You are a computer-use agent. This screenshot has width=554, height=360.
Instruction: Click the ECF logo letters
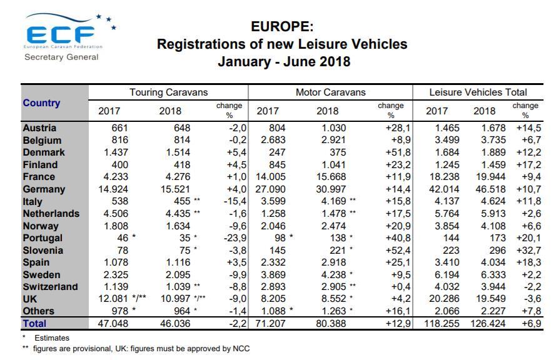[x=61, y=34]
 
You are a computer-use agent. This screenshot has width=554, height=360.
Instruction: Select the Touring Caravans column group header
[x=169, y=92]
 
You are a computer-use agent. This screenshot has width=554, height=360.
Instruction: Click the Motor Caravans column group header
[x=330, y=92]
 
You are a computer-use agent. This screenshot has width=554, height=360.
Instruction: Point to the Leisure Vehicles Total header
[x=478, y=92]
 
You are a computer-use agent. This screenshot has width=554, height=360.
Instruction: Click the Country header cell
[x=41, y=102]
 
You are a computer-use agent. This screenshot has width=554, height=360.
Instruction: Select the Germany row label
[x=44, y=189]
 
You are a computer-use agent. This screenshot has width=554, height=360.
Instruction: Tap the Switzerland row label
[x=50, y=286]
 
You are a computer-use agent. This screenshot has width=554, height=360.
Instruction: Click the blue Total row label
[x=34, y=323]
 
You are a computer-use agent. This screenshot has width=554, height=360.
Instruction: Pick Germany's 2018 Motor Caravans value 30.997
[x=331, y=189]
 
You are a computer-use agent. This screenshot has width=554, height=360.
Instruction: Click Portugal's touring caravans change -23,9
[x=235, y=237]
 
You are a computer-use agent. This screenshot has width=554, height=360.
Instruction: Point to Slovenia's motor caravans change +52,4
[x=398, y=250]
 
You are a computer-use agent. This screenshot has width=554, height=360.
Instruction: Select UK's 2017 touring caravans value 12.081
[x=113, y=299]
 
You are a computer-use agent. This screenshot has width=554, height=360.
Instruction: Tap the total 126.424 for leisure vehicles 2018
[x=488, y=323]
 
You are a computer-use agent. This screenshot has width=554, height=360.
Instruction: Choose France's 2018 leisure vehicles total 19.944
[x=491, y=177]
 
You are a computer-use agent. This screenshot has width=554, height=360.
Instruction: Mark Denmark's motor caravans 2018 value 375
[x=338, y=152]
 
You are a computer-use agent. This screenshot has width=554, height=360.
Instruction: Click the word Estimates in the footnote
[x=52, y=337]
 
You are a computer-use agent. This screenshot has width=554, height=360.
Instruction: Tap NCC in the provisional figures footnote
[x=241, y=349]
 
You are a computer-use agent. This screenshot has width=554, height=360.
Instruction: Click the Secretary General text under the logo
[x=61, y=57]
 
